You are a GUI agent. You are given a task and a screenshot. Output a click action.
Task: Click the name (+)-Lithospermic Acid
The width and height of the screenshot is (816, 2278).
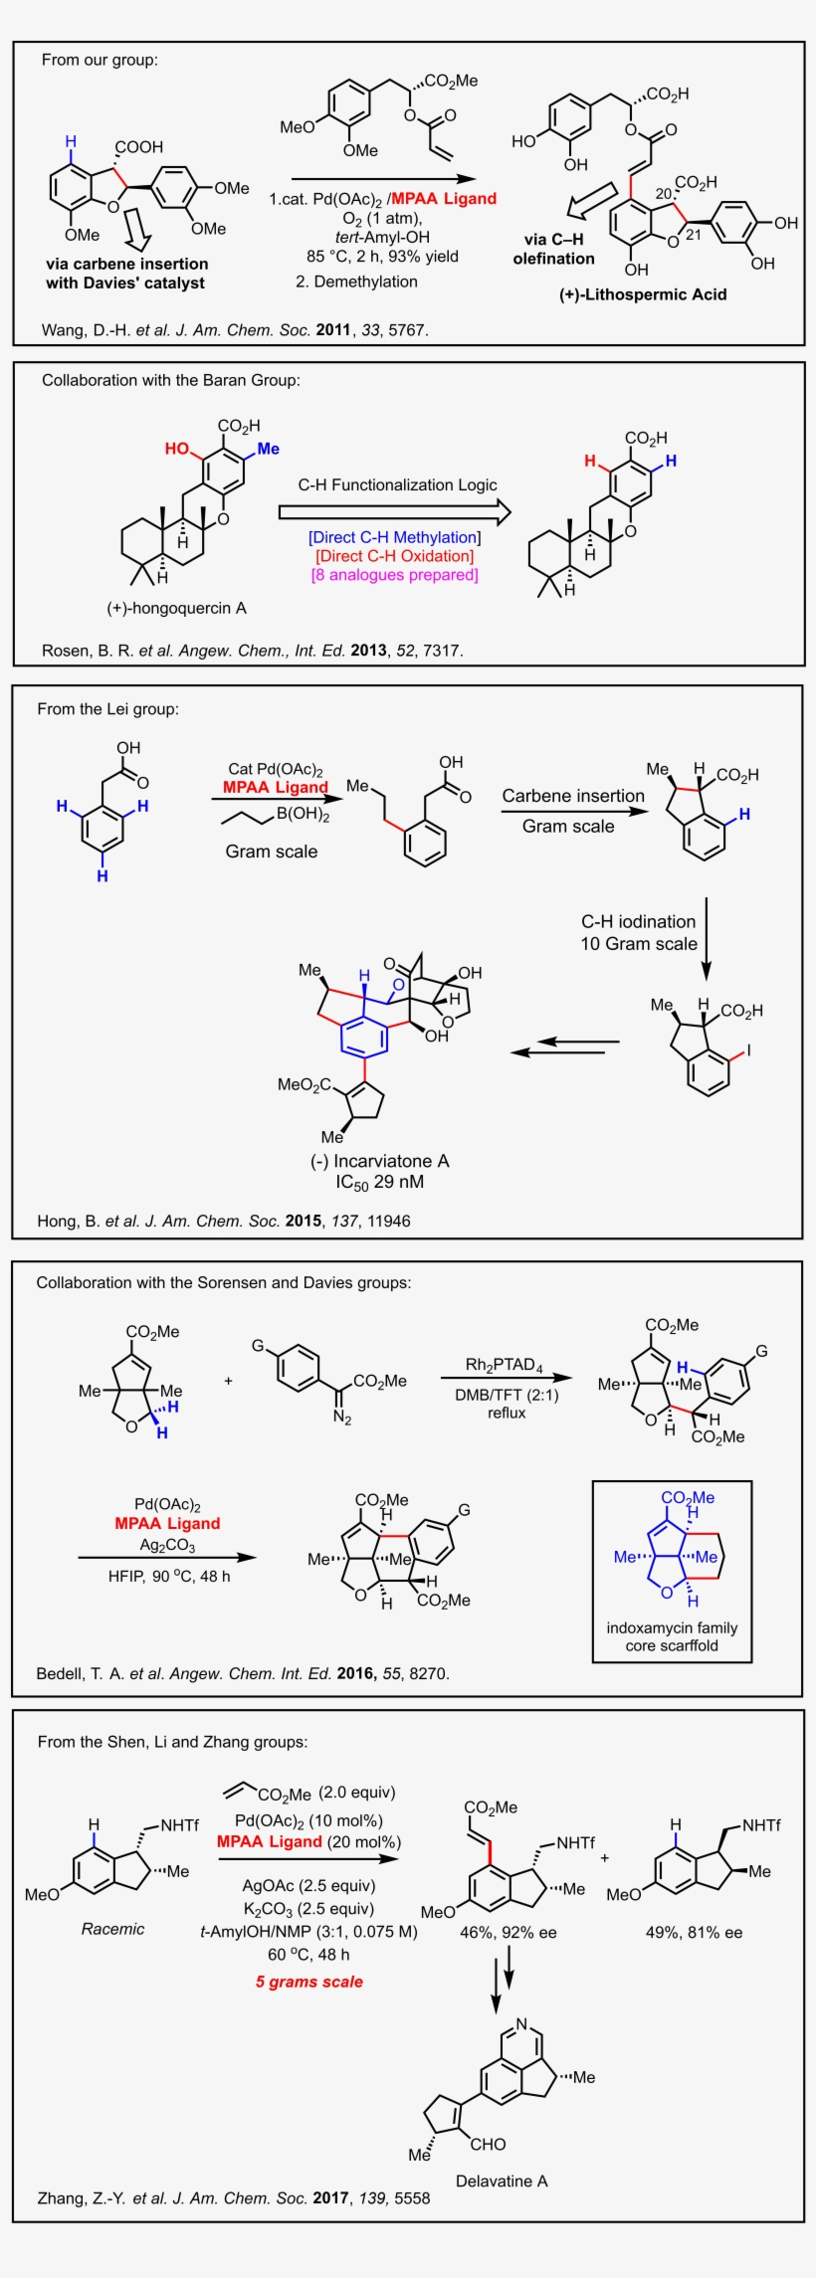pyautogui.click(x=643, y=294)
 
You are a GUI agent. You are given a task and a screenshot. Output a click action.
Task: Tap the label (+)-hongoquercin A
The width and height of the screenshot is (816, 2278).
pyautogui.click(x=177, y=608)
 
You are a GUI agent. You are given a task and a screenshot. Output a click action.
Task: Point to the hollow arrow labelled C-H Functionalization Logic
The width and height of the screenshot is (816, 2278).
pyautogui.click(x=395, y=511)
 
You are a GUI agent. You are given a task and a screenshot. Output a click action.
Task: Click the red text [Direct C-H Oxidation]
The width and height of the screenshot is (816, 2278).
pyautogui.click(x=394, y=556)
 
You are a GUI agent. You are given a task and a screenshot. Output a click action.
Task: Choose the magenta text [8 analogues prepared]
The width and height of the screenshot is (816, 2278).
pyautogui.click(x=394, y=574)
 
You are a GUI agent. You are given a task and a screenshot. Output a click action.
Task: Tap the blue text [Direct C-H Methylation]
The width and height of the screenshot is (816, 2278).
pyautogui.click(x=394, y=537)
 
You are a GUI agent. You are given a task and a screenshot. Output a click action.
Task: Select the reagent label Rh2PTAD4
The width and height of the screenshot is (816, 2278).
pyautogui.click(x=505, y=1364)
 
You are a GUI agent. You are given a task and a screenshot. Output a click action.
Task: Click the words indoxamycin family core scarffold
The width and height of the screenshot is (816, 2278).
pyautogui.click(x=672, y=1636)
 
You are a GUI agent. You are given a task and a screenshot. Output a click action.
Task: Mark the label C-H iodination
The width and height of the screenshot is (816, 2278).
pyautogui.click(x=639, y=921)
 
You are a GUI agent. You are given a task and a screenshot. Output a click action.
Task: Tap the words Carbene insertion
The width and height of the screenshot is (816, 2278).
pyautogui.click(x=573, y=796)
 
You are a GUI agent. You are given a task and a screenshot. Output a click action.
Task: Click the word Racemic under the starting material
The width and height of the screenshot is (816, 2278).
pyautogui.click(x=112, y=1929)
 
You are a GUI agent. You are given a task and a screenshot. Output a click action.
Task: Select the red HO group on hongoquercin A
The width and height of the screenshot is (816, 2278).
pyautogui.click(x=178, y=449)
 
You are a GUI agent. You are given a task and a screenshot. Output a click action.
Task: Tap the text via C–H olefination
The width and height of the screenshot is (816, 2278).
pyautogui.click(x=553, y=249)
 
